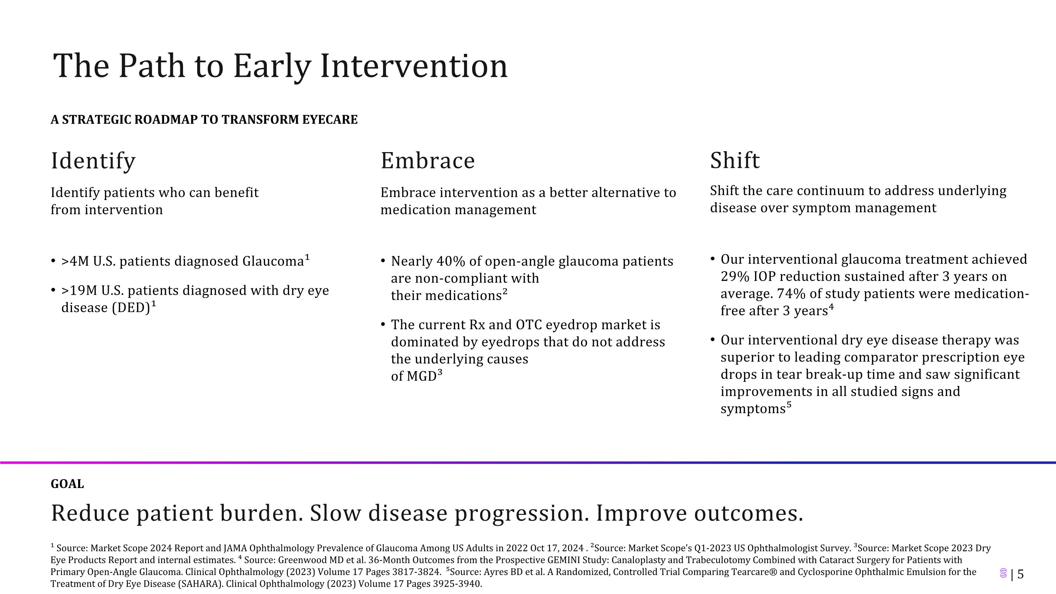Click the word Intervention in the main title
(x=414, y=65)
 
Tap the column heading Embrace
(x=428, y=160)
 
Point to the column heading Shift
(x=735, y=160)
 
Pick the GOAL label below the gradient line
(x=67, y=484)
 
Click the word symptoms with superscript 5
(x=753, y=409)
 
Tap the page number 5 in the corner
(x=1021, y=574)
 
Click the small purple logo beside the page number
(x=1004, y=574)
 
